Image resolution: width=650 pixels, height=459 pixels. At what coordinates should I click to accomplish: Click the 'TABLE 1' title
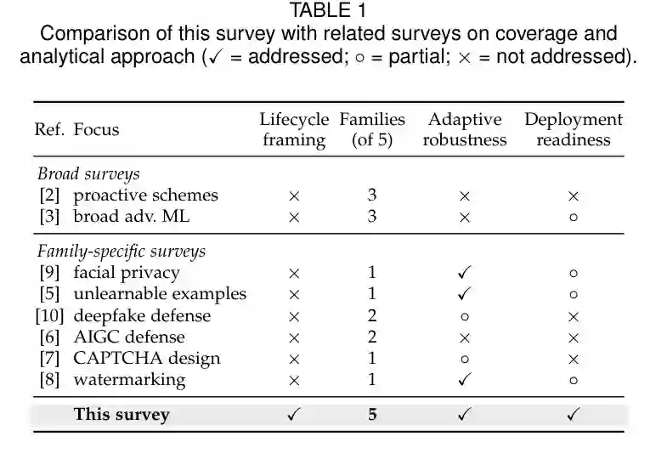click(328, 10)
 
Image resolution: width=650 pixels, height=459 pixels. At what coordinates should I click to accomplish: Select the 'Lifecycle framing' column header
click(294, 129)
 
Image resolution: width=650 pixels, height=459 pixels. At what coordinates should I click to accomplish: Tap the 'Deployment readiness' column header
click(574, 129)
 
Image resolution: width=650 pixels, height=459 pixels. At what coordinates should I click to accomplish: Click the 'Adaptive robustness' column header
click(465, 129)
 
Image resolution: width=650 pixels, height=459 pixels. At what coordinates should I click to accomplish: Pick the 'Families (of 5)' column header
click(372, 129)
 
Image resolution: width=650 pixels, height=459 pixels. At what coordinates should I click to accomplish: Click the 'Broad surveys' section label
click(88, 173)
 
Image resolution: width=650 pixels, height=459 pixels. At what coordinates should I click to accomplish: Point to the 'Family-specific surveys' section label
click(122, 252)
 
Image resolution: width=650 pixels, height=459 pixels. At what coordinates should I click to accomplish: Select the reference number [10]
click(50, 316)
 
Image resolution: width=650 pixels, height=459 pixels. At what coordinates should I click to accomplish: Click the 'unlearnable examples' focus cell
click(160, 294)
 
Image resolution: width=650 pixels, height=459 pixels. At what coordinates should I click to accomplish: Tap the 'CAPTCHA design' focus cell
click(147, 359)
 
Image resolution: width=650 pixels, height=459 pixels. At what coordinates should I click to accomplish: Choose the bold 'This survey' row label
click(122, 414)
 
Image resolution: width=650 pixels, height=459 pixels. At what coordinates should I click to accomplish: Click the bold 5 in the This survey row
click(372, 414)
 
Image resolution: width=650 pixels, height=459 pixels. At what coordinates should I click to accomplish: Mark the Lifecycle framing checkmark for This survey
click(294, 414)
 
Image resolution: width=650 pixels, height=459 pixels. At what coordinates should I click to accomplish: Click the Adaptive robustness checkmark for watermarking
click(465, 379)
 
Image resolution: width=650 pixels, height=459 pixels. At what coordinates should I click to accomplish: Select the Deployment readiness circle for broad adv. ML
click(574, 218)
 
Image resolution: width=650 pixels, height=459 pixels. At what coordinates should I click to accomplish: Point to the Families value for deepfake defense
click(372, 315)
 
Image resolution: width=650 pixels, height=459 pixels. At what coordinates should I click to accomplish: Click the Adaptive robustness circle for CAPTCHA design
click(465, 359)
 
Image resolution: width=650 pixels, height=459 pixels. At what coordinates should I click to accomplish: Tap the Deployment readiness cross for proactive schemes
click(574, 196)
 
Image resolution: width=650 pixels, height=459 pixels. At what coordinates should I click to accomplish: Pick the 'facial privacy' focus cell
click(127, 273)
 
